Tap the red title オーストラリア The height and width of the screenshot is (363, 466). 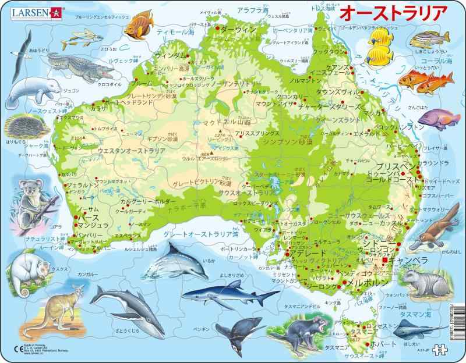tap(393, 12)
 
